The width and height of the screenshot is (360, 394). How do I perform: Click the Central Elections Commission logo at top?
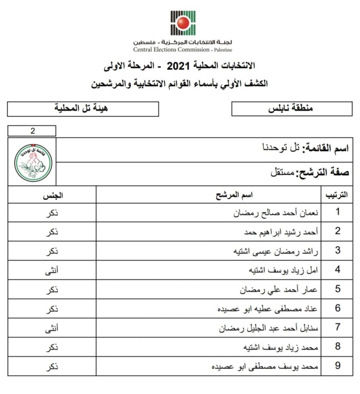[183, 23]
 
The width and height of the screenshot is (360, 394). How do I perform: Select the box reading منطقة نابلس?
[290, 109]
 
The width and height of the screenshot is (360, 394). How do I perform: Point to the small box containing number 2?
[32, 131]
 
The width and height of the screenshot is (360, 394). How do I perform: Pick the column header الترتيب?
[336, 196]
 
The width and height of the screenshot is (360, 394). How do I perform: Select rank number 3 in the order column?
[338, 250]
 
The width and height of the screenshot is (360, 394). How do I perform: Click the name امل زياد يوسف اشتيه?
[282, 270]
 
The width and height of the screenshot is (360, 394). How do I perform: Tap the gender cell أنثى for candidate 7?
[52, 328]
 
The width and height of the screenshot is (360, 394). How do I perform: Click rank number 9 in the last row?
[338, 366]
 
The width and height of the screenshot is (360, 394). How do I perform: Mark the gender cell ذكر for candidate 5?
[52, 289]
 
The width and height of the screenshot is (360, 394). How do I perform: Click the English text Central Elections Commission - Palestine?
[183, 50]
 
